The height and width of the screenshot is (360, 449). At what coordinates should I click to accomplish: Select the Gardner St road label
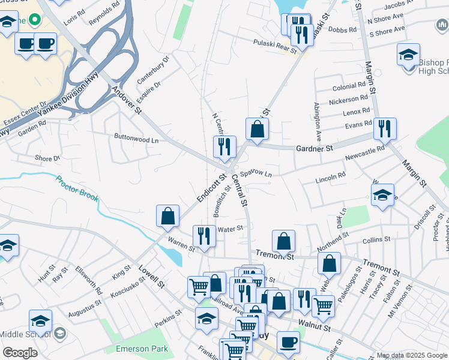coord(314,148)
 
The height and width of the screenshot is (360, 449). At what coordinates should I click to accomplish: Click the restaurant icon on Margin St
coord(384,129)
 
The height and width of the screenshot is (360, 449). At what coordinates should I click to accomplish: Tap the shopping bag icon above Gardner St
coord(257,129)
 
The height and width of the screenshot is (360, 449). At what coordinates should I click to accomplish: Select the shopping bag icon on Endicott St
coord(168,216)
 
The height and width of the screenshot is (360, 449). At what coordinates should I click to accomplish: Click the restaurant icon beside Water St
coord(204,236)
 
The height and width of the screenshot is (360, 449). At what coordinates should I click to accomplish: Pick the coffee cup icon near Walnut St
coord(288,342)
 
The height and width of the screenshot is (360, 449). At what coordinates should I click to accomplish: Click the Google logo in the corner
coord(20,353)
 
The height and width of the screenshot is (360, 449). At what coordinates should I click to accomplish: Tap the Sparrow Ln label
coord(256,173)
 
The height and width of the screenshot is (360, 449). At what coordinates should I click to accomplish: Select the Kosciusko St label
coord(130,290)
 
